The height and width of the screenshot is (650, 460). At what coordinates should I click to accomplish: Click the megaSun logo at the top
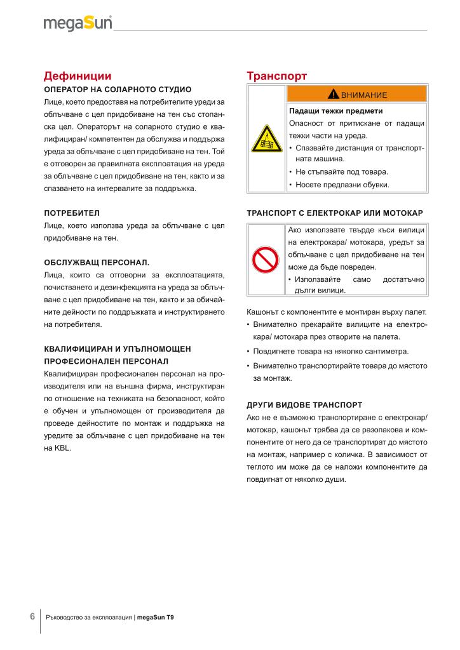[78, 23]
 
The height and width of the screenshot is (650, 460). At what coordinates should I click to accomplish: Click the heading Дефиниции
[78, 76]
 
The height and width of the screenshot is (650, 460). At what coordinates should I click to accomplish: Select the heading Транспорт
[276, 76]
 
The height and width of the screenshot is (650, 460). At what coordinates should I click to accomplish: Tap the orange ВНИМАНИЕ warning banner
[356, 95]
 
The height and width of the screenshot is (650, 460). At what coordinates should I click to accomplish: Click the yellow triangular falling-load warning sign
[266, 138]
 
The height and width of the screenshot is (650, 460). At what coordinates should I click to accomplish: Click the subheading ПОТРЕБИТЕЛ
[72, 213]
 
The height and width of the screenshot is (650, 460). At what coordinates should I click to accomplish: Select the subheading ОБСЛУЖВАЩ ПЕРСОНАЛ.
[97, 262]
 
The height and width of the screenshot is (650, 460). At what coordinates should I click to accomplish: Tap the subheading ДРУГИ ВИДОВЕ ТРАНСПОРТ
[304, 404]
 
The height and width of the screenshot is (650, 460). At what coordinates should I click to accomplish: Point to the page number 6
[32, 616]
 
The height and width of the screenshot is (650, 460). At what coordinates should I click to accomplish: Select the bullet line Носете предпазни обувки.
[341, 185]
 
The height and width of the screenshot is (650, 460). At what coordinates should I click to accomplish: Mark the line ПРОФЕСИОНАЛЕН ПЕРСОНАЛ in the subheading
[105, 361]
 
